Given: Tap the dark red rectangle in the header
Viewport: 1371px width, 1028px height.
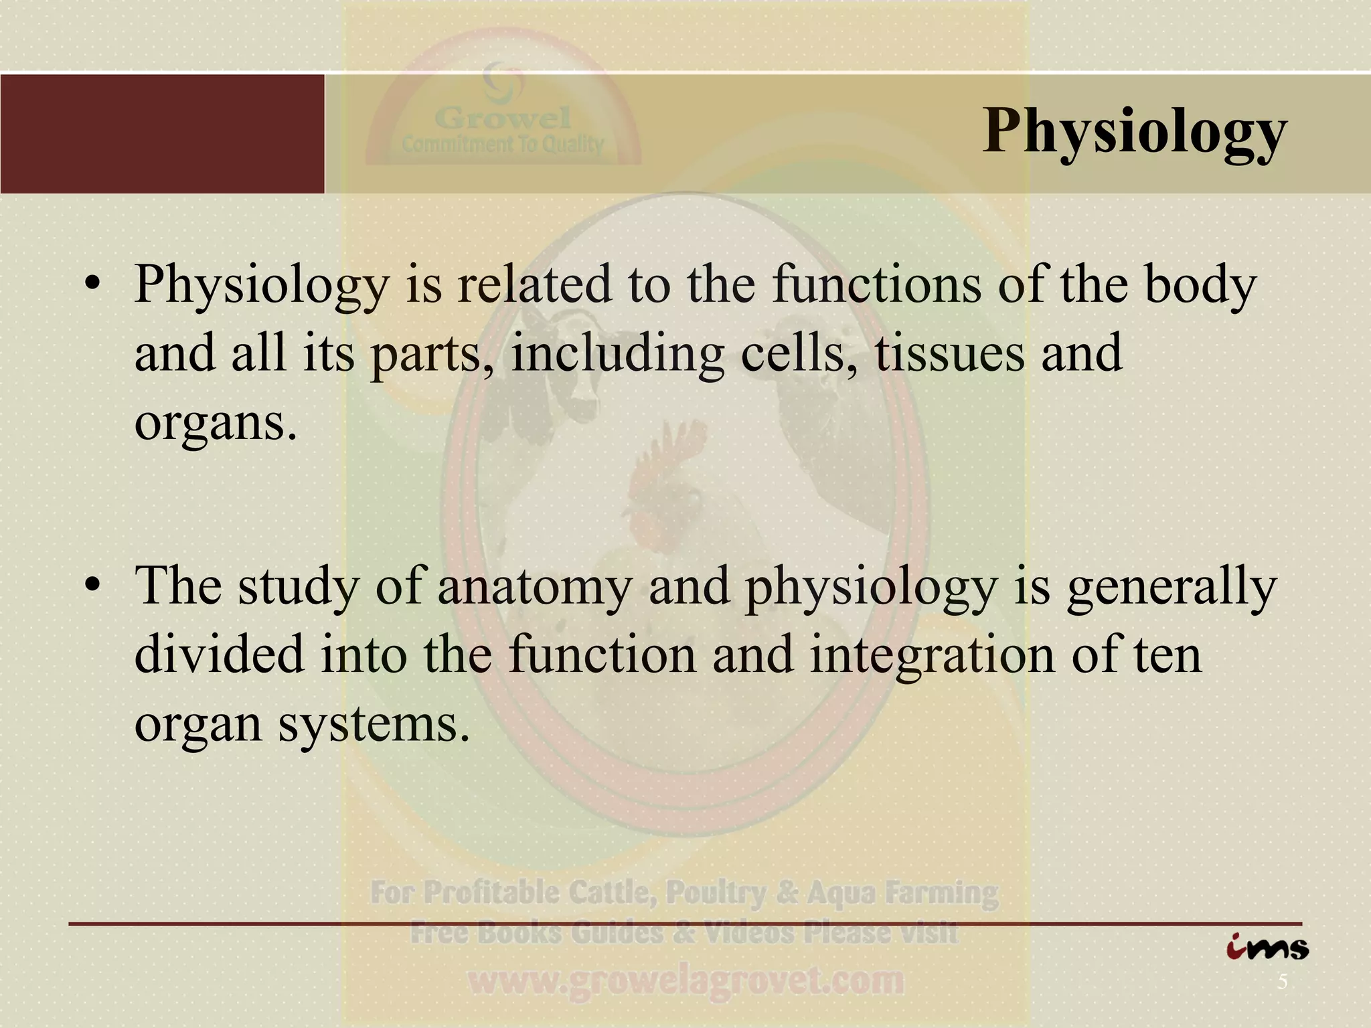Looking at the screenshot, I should coord(162,134).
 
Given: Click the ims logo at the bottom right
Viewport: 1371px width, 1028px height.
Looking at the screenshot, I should coord(1267,948).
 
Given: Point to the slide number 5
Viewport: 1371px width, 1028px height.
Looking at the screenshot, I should coord(1282,982).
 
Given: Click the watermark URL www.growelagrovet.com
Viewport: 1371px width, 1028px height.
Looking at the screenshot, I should coord(685,982).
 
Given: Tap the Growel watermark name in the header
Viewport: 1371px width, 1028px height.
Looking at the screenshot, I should coord(502,119).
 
